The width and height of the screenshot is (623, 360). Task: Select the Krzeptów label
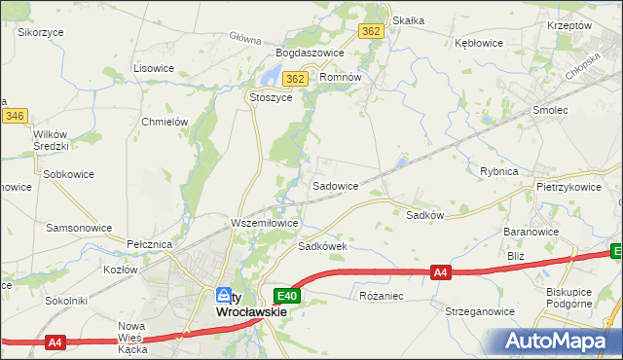click(x=570, y=25)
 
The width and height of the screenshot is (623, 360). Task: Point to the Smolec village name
click(x=549, y=111)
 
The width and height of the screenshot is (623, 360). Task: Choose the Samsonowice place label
click(x=79, y=227)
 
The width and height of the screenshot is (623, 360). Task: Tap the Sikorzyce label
click(x=41, y=32)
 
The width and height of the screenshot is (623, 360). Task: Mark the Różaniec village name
click(x=381, y=294)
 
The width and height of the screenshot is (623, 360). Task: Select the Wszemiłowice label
click(x=264, y=223)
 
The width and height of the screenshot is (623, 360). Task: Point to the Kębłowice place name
click(x=478, y=43)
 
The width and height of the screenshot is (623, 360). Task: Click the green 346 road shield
click(x=14, y=116)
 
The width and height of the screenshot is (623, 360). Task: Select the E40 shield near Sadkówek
click(x=285, y=295)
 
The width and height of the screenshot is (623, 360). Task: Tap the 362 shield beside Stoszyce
click(x=297, y=79)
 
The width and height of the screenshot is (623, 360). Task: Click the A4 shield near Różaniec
click(x=441, y=272)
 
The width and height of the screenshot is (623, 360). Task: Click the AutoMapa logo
click(x=557, y=341)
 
